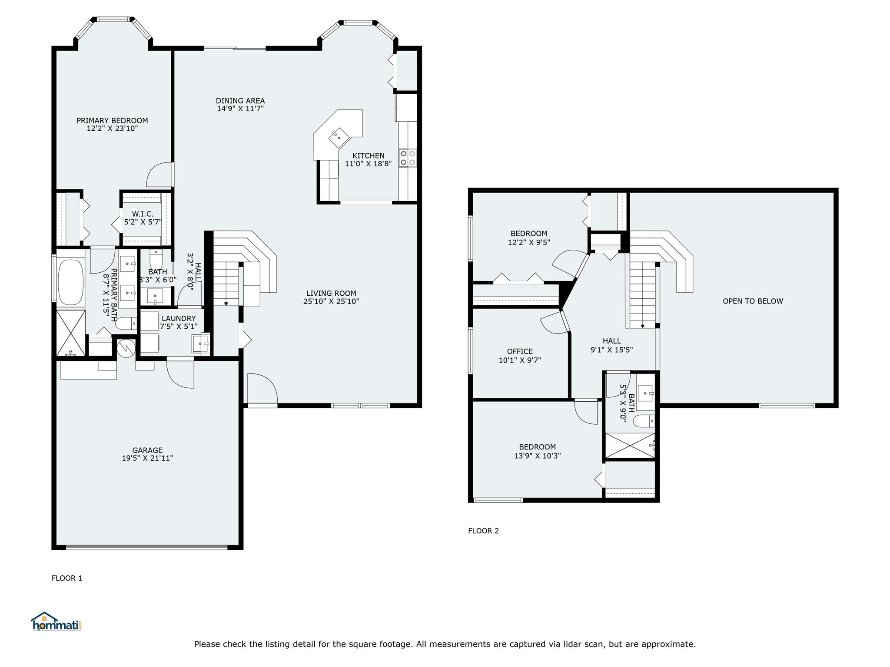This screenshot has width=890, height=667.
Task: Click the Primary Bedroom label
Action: click(x=112, y=121)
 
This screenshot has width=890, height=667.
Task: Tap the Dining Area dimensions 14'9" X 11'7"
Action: click(x=240, y=109)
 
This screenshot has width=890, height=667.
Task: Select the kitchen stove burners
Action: click(x=408, y=158)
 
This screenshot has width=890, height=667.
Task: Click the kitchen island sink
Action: click(x=339, y=138)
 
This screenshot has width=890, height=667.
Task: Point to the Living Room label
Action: click(x=331, y=294)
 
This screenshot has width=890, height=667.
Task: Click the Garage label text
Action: click(x=147, y=450)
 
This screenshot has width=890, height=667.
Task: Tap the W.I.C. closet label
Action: click(x=143, y=214)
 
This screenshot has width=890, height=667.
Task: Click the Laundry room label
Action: click(x=179, y=318)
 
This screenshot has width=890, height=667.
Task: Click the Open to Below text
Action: click(x=753, y=301)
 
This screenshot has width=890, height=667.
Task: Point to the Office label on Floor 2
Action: click(x=520, y=351)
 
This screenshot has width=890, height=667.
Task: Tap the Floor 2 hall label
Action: click(x=611, y=341)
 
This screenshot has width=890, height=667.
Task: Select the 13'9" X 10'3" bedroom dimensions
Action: click(x=537, y=456)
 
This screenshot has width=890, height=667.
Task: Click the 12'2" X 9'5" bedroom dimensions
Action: click(x=529, y=242)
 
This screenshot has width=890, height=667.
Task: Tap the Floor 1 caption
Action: click(x=67, y=578)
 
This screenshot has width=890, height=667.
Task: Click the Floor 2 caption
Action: click(x=483, y=531)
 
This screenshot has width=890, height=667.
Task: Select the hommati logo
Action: click(x=56, y=621)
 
